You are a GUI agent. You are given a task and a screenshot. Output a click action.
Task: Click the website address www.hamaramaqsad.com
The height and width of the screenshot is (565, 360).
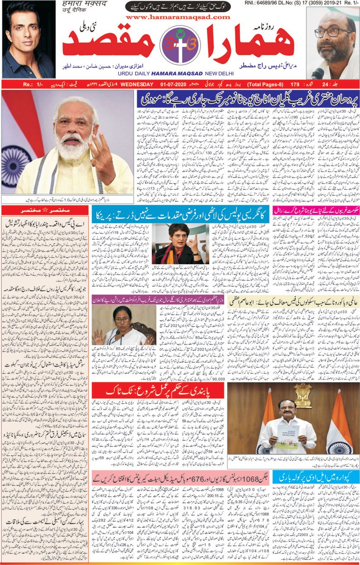click(178, 17)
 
